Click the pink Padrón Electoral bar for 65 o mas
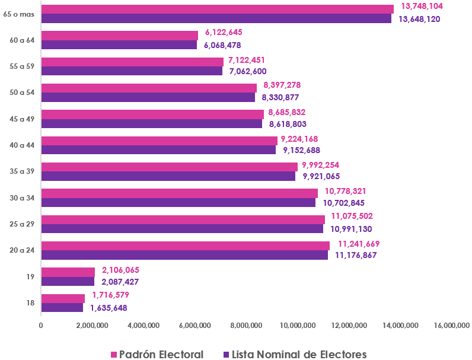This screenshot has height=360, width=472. pyautogui.click(x=217, y=9)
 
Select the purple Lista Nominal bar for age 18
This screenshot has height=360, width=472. pyautogui.click(x=62, y=308)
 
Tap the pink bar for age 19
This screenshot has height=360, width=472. pyautogui.click(x=68, y=272)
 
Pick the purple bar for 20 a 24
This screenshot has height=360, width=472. pyautogui.click(x=184, y=255)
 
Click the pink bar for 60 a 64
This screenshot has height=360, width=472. pyautogui.click(x=120, y=35)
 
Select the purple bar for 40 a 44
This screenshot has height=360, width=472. pyautogui.click(x=158, y=150)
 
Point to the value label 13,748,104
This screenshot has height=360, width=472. pyautogui.click(x=422, y=6)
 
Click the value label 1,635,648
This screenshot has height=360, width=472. pyautogui.click(x=109, y=308)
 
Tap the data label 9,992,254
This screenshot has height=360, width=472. pyautogui.click(x=321, y=165)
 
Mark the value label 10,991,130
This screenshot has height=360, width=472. pyautogui.click(x=350, y=229)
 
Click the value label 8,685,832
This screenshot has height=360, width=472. pyautogui.click(x=287, y=112)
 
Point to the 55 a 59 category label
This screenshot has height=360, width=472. pyautogui.click(x=23, y=66)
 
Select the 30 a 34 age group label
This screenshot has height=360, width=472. pyautogui.click(x=23, y=197)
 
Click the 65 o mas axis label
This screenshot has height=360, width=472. pyautogui.click(x=19, y=14)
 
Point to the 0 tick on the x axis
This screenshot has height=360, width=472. pyautogui.click(x=41, y=325)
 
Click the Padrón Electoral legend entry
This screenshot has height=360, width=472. pyautogui.click(x=157, y=354)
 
